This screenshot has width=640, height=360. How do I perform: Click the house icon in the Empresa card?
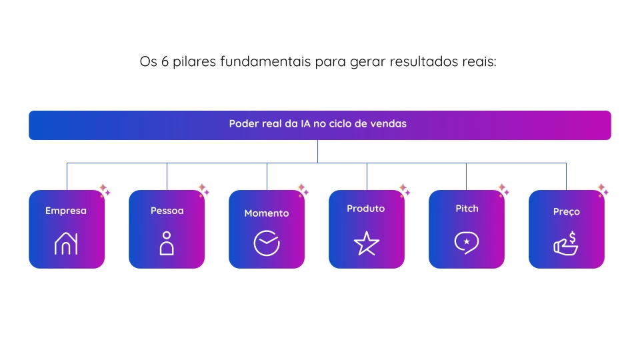tap(66, 244)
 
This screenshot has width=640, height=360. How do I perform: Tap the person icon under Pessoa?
tap(167, 244)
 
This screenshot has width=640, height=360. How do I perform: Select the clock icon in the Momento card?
tap(267, 243)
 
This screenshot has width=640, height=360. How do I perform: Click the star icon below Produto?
tap(366, 243)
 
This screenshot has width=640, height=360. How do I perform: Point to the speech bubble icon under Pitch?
tap(467, 243)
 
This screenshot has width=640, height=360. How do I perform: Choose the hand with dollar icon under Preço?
tap(566, 244)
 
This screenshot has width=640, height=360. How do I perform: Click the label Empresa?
tap(66, 211)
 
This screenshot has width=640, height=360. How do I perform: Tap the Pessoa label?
tap(167, 211)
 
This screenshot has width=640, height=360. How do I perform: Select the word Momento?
tap(267, 213)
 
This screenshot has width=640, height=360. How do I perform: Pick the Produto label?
tap(366, 209)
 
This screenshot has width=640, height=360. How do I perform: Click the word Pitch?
tap(467, 209)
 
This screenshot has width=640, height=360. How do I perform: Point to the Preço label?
tap(567, 212)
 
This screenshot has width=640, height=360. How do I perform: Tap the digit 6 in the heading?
tap(165, 61)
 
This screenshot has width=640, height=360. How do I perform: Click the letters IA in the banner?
tap(305, 124)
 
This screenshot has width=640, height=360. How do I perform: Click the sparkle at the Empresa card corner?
tap(105, 190)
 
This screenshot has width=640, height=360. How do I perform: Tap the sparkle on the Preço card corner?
tap(603, 190)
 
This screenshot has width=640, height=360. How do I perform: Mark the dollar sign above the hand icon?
tap(573, 237)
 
